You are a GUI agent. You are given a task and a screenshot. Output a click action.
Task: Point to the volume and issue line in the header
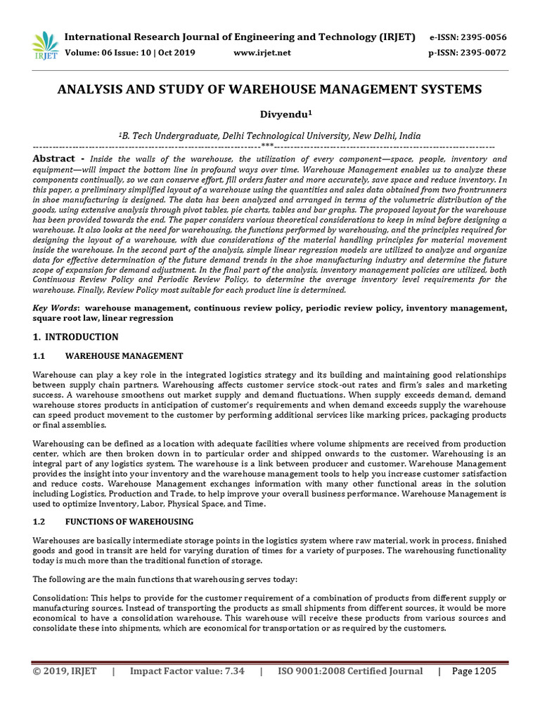130,53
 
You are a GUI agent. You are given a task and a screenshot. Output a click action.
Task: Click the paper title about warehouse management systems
270,89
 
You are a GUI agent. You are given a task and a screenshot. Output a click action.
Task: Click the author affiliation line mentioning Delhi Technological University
270,136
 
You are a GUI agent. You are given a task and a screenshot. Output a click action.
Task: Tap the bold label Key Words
56,308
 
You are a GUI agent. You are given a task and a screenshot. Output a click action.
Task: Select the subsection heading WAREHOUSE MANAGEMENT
124,356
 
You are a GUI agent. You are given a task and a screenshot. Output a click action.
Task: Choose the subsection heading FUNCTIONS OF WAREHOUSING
129,522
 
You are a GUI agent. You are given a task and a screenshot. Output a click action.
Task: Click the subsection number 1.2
39,522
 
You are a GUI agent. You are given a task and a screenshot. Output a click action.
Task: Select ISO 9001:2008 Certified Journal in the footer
350,671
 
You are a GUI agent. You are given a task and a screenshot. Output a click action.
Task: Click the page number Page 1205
474,671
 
